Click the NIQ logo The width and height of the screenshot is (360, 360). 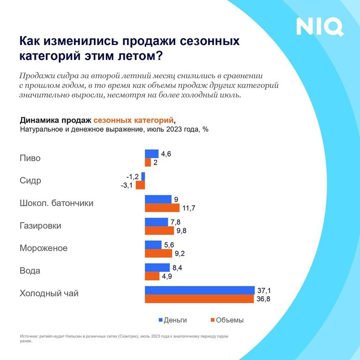pyautogui.click(x=320, y=27)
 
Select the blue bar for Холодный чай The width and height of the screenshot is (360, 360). pyautogui.click(x=200, y=290)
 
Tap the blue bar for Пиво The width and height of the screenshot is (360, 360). pyautogui.click(x=152, y=153)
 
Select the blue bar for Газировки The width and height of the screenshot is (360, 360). pyautogui.click(x=156, y=222)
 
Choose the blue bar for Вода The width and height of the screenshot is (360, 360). pyautogui.click(x=157, y=267)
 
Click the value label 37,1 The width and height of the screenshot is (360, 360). pyautogui.click(x=263, y=290)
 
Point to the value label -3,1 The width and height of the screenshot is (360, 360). pyautogui.click(x=127, y=185)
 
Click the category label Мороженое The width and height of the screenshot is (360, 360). pyautogui.click(x=44, y=248)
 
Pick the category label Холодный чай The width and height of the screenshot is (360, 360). pyautogui.click(x=49, y=294)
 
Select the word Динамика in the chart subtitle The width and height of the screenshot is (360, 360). pyautogui.click(x=40, y=120)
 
